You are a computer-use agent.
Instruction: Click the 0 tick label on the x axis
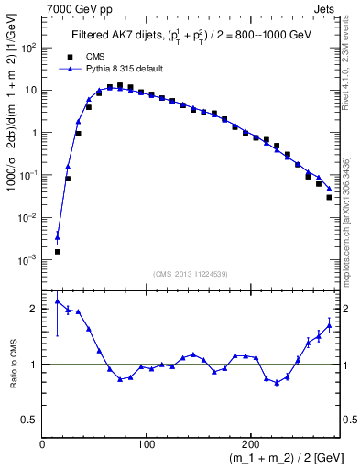click(42, 444)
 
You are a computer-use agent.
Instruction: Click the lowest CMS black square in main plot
click(58, 251)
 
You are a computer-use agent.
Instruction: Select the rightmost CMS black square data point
click(329, 197)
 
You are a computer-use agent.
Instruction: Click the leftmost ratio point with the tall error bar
click(58, 300)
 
